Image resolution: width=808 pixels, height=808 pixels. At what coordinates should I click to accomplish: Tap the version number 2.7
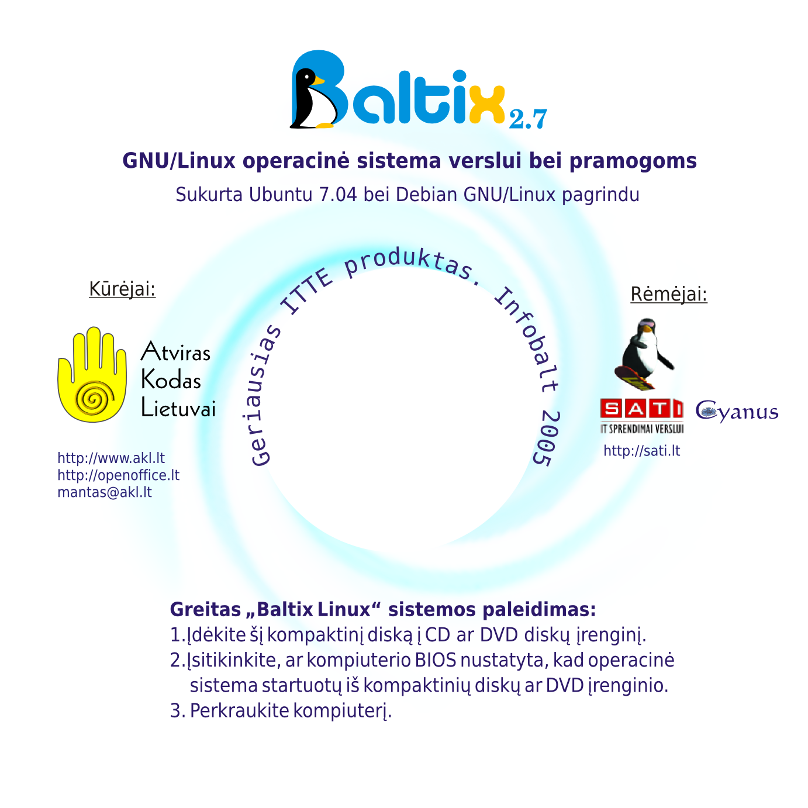(527, 119)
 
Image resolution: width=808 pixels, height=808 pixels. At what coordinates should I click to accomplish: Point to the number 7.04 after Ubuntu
(337, 195)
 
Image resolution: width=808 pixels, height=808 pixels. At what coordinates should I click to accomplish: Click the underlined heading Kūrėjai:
(122, 289)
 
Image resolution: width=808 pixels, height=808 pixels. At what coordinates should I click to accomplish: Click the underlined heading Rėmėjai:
(669, 294)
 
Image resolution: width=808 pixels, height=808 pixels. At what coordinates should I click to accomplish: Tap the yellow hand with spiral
(92, 375)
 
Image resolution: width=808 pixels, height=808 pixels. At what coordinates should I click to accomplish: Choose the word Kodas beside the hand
(171, 381)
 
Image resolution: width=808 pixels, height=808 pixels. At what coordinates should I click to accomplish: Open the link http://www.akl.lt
(111, 458)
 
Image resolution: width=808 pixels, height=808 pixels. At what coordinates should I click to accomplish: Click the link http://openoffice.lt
(118, 475)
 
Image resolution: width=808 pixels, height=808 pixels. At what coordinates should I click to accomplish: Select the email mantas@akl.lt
(105, 492)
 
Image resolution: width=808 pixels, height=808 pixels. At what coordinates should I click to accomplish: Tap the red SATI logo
(641, 409)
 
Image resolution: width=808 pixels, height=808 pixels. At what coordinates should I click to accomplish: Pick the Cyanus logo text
(737, 412)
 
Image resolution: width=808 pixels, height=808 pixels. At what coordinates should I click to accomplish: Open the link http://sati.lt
(642, 451)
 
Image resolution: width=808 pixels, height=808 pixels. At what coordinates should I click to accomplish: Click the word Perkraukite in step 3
(239, 711)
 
